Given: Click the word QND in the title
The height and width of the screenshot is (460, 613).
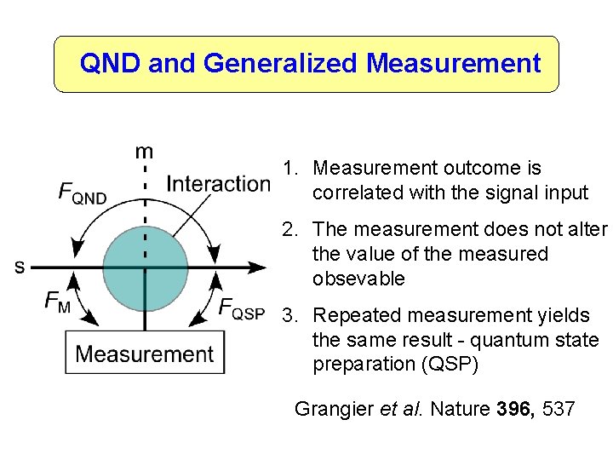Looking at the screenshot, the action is [x=110, y=63].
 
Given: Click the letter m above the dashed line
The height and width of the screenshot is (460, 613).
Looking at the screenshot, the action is [x=145, y=152].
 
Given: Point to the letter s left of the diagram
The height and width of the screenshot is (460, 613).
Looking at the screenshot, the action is [x=20, y=267].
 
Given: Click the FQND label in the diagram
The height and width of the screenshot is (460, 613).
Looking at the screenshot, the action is [x=83, y=194].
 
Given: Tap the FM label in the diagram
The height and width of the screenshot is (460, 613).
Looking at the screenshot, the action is [x=58, y=303].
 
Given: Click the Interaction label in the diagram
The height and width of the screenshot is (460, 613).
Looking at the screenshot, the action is [x=218, y=183].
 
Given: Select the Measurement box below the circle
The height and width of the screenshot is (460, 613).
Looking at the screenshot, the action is [x=145, y=353].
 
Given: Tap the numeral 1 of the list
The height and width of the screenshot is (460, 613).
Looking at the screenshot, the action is [x=289, y=169].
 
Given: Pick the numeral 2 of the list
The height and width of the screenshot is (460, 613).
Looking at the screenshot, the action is [x=289, y=230].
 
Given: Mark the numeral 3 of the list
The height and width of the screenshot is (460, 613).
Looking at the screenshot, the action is [x=289, y=316].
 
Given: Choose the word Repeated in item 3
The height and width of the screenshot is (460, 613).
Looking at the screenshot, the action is [x=351, y=316].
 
